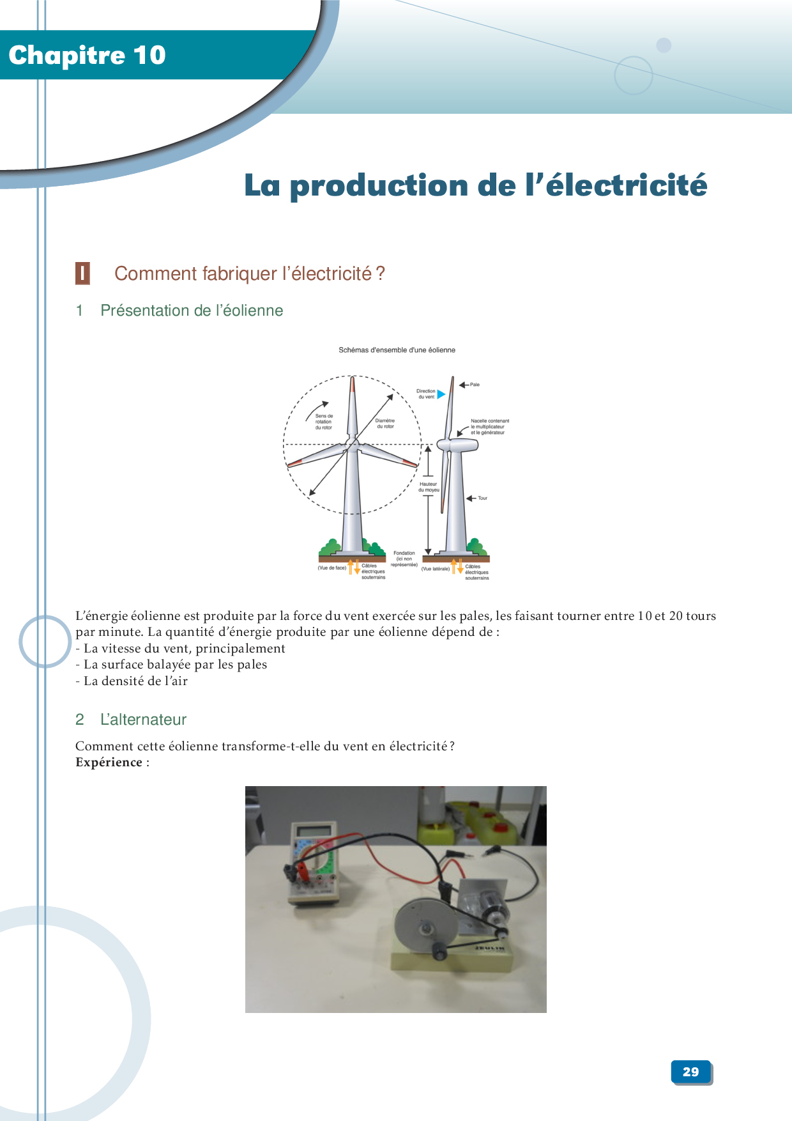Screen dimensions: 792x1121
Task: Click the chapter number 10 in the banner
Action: pyautogui.click(x=149, y=56)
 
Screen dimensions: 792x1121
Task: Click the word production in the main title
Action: pyautogui.click(x=379, y=186)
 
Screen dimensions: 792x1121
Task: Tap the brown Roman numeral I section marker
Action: pyautogui.click(x=82, y=273)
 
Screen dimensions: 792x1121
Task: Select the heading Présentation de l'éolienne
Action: pyautogui.click(x=192, y=311)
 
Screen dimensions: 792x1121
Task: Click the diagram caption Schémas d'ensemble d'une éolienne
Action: pyautogui.click(x=397, y=350)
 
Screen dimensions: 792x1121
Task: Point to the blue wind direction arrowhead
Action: pyautogui.click(x=441, y=394)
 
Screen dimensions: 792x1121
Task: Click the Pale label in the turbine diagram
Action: pyautogui.click(x=475, y=385)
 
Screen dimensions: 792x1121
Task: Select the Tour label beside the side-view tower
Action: pyautogui.click(x=482, y=498)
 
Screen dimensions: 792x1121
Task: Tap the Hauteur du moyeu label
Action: pyautogui.click(x=429, y=487)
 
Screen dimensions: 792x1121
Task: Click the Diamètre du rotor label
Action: pyautogui.click(x=385, y=424)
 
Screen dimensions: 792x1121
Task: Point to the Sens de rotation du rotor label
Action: pyautogui.click(x=324, y=422)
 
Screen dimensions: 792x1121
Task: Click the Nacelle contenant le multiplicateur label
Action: pyautogui.click(x=490, y=427)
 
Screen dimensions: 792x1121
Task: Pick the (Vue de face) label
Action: pyautogui.click(x=331, y=568)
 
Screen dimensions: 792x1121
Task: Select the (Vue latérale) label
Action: pyautogui.click(x=436, y=568)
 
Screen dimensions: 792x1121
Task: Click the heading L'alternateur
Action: pyautogui.click(x=143, y=720)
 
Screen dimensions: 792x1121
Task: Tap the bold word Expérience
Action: pyautogui.click(x=109, y=762)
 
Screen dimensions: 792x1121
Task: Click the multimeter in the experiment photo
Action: pyautogui.click(x=313, y=863)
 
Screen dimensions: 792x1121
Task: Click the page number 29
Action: pyautogui.click(x=690, y=1072)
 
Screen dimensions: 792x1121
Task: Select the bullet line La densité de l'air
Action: pyautogui.click(x=132, y=681)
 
